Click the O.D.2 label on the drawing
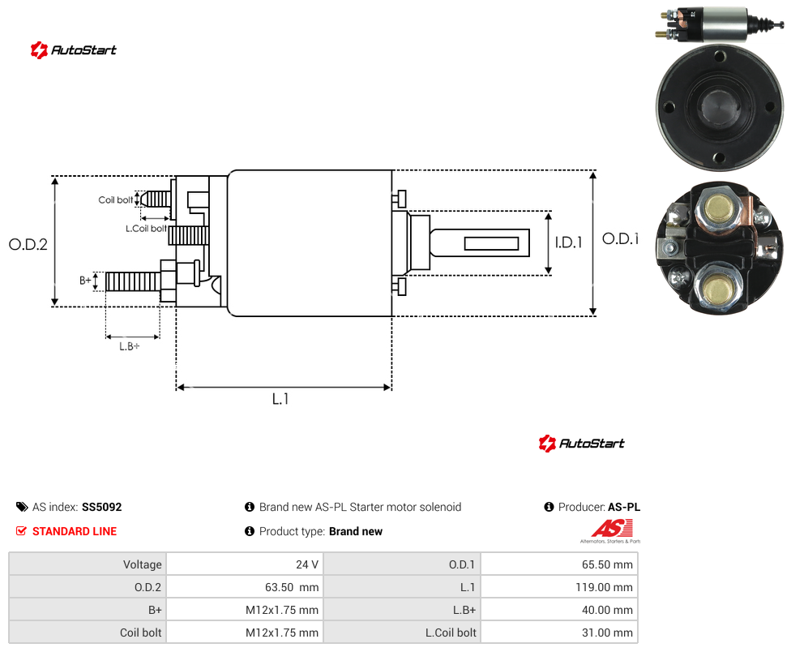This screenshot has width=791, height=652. [28, 244]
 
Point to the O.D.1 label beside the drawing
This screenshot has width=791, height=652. [621, 238]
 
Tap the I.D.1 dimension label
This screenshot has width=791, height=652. [569, 242]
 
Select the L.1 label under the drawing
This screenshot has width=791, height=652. [280, 399]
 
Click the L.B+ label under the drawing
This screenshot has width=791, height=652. [130, 346]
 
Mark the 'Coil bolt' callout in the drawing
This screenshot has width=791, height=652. [116, 199]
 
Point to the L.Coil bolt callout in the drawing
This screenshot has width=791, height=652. [146, 229]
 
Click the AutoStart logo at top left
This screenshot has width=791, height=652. [74, 50]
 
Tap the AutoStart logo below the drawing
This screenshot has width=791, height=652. [582, 444]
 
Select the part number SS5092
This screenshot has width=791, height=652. [102, 507]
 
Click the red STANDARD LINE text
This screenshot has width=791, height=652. [75, 531]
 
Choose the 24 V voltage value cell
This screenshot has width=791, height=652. [245, 564]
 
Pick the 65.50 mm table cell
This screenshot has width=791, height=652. [559, 564]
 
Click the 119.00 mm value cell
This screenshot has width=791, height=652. [559, 587]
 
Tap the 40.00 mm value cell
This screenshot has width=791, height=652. [559, 610]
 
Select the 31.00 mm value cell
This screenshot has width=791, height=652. [559, 633]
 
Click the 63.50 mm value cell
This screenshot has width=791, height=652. [245, 587]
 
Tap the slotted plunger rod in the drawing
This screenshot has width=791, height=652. [479, 242]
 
